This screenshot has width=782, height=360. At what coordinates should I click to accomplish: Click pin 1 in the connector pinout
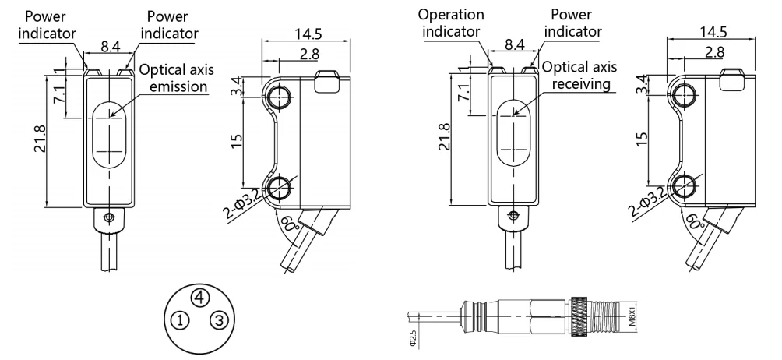[x=180, y=320]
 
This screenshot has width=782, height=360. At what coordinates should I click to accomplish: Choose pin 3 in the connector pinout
[x=220, y=320]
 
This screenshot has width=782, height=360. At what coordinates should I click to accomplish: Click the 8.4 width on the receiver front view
[x=514, y=47]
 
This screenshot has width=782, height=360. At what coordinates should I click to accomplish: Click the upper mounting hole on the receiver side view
[x=686, y=95]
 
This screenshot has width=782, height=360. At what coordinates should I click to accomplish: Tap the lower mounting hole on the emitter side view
[x=279, y=186]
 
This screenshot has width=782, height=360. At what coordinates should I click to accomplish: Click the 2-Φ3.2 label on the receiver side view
[x=645, y=203]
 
